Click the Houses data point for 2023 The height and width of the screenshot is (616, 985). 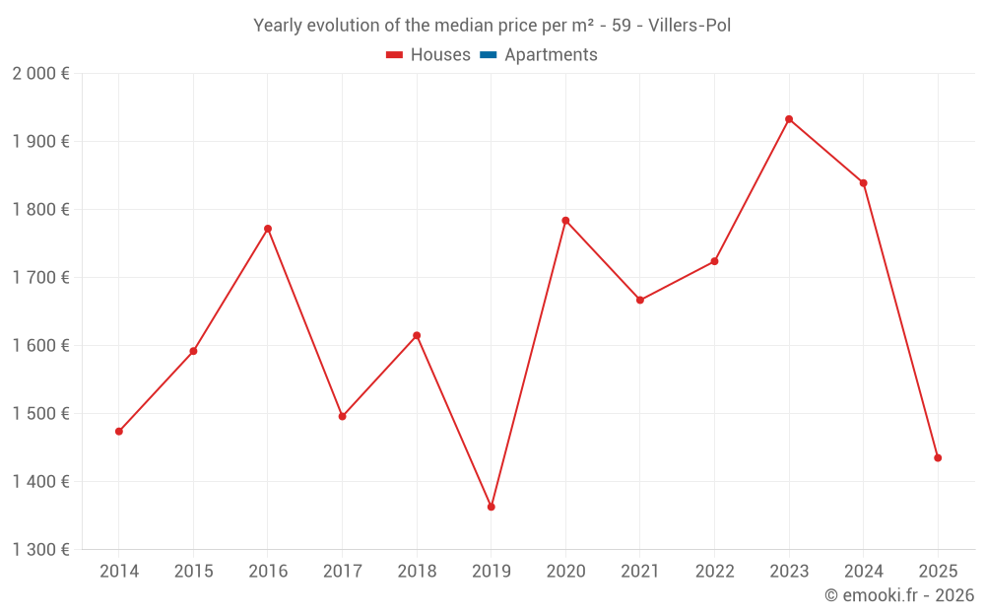789,119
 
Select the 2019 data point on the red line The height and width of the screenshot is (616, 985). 492,507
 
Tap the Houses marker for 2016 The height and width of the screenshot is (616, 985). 268,229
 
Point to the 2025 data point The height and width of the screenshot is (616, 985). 938,457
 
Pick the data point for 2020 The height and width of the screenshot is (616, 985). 565,221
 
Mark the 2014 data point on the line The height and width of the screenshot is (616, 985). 119,431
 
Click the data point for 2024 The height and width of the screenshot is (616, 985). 864,183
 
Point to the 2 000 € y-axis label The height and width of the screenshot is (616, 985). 40,74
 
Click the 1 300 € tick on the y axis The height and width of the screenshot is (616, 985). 40,550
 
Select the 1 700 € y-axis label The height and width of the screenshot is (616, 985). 40,278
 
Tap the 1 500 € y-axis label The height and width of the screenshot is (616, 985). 40,414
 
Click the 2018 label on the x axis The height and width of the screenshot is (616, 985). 417,572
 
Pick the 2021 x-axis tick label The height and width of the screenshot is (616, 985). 640,572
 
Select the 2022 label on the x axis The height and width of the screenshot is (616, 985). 715,572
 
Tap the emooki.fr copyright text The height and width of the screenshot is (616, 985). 899,595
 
